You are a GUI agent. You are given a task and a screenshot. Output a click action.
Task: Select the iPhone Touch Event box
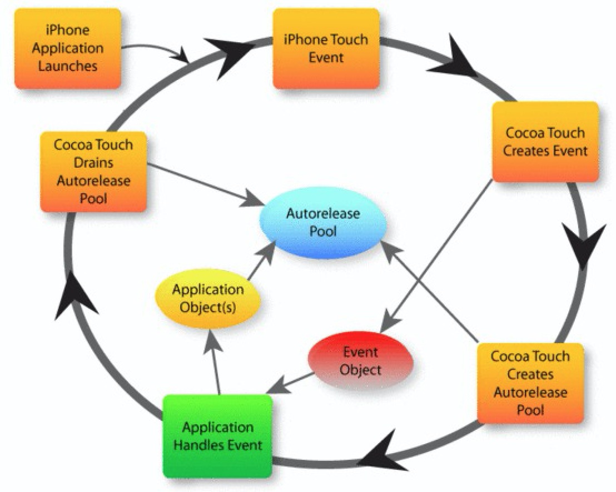pyautogui.click(x=326, y=48)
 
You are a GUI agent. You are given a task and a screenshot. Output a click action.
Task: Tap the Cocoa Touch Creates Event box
pyautogui.click(x=545, y=142)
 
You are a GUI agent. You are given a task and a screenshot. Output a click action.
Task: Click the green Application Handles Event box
pyautogui.click(x=218, y=436)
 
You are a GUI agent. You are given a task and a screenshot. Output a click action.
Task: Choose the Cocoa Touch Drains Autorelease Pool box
pyautogui.click(x=93, y=172)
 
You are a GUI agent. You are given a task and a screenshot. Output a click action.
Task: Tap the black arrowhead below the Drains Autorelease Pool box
pyautogui.click(x=72, y=297)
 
